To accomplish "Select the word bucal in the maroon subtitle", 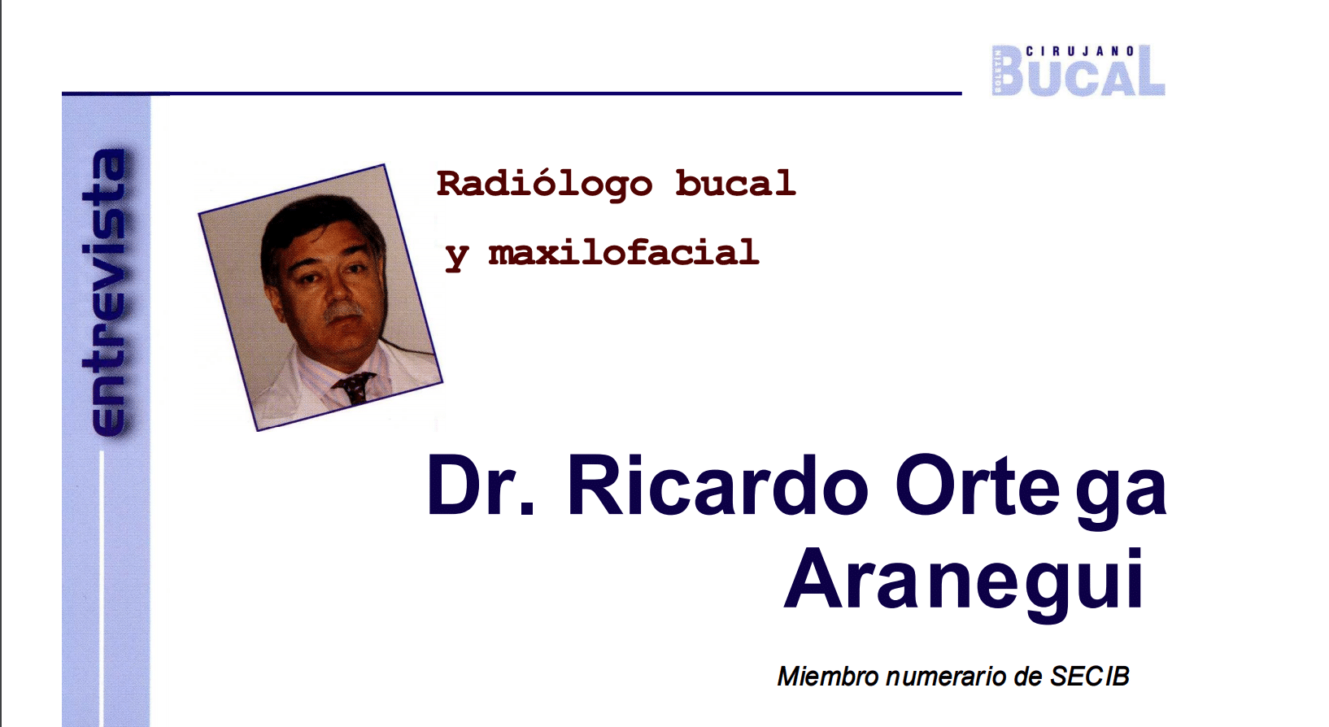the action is coord(735,183).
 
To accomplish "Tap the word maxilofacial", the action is coord(624,252).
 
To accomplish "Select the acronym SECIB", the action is coord(1089,677).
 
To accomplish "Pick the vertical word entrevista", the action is coord(105,292).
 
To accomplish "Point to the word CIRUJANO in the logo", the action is coord(1080,51).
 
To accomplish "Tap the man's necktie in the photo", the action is coord(354,387).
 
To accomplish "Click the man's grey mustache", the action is coord(342,311).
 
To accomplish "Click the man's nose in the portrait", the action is coord(337,288).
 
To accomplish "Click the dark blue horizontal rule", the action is coord(512,93).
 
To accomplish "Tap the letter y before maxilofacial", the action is coord(457,256).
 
